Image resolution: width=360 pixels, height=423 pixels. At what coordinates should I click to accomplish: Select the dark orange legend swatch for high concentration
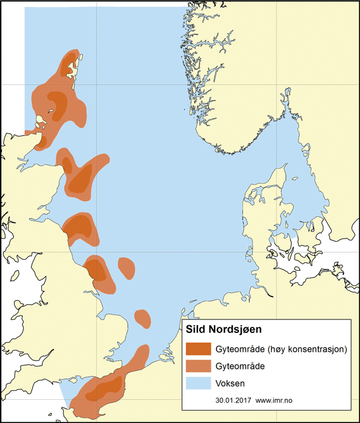(199, 350)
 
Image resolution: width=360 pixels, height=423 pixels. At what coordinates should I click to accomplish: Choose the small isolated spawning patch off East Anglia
(142, 316)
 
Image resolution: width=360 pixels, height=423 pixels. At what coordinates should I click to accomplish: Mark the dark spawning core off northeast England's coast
(97, 269)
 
